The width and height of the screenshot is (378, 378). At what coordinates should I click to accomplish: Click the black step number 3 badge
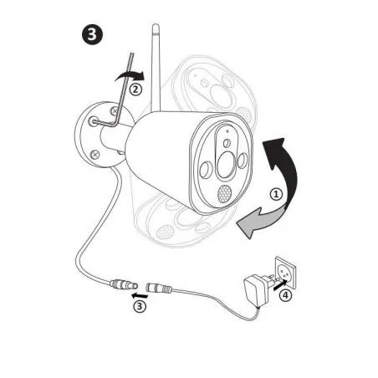92,35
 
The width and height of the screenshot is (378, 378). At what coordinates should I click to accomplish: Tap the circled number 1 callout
276,194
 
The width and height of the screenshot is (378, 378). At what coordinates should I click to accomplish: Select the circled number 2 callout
135,89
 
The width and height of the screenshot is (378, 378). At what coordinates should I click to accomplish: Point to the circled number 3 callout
140,306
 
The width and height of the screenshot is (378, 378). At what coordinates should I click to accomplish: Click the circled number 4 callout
285,295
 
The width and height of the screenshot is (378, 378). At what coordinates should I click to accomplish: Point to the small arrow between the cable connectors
140,295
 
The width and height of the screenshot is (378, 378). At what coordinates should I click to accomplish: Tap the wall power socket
285,273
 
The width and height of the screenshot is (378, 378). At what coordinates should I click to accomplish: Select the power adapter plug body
257,290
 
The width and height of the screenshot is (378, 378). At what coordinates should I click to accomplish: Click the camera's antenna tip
156,26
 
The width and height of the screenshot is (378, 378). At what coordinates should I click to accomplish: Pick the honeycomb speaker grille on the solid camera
224,194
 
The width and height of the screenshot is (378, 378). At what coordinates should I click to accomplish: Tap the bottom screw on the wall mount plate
95,154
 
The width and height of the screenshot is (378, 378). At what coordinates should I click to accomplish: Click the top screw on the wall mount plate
115,110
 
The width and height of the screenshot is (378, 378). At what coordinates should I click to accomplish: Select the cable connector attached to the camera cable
124,284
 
